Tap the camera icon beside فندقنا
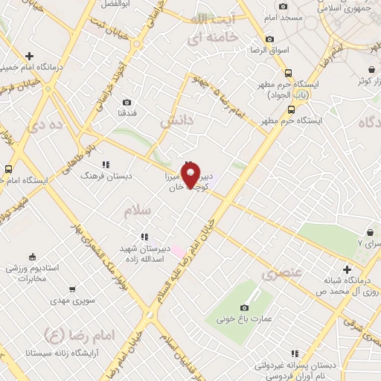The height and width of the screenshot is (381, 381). (127, 103)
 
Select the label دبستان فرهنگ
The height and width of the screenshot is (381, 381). (106, 177)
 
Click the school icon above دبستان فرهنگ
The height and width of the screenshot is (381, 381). (106, 164)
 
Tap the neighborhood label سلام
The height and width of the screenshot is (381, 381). (137, 211)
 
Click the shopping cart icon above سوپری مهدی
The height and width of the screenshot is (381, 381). (71, 289)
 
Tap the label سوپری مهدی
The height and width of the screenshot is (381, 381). (71, 301)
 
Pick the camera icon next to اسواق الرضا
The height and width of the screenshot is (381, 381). (269, 39)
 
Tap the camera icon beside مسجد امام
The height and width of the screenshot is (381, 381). (284, 7)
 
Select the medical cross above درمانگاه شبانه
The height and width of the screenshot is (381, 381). (347, 269)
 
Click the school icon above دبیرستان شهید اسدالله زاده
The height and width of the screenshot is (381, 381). (144, 237)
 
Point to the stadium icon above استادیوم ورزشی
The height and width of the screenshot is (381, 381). (13, 266)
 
